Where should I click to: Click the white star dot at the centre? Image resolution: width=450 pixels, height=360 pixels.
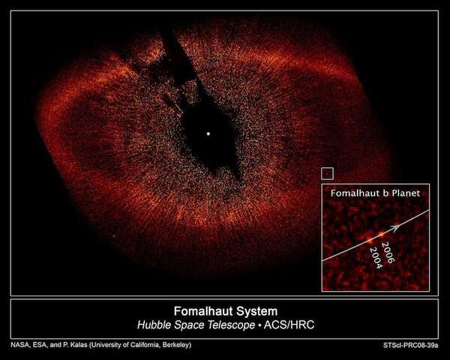[x=208, y=135]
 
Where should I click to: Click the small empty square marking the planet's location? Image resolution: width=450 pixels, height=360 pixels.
[x=326, y=173]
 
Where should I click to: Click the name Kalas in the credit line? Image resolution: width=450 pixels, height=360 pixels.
[x=77, y=345]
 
